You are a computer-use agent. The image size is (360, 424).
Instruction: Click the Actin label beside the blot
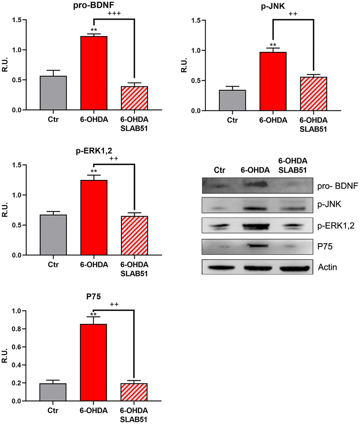(327, 267)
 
